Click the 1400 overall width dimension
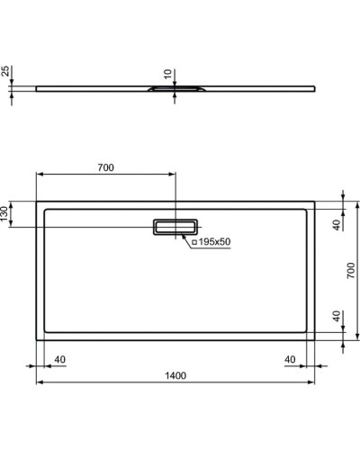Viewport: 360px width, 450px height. [175, 376]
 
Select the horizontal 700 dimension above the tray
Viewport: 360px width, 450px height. [105, 166]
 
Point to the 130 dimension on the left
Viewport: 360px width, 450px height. [6, 214]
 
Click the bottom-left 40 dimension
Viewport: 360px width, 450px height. [60, 360]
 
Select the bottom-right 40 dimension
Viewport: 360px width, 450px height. [291, 360]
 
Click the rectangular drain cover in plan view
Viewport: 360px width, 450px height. [176, 226]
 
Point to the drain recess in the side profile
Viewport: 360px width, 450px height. [175, 90]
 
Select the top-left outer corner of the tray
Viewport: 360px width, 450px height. [37, 200]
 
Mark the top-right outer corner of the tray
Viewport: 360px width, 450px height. [315, 200]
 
